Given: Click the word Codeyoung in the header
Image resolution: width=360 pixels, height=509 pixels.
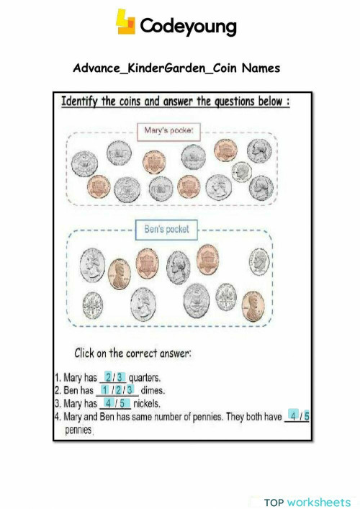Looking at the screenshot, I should [x=188, y=27].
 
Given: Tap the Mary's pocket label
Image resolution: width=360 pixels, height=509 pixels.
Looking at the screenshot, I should [x=168, y=130].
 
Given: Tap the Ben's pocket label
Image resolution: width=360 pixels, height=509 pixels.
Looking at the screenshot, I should [x=166, y=229].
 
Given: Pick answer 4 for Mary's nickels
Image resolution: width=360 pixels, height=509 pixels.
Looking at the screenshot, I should [x=107, y=403].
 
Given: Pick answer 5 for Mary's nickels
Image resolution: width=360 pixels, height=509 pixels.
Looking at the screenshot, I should [x=122, y=403].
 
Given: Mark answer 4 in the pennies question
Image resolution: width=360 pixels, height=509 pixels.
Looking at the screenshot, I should [x=292, y=415].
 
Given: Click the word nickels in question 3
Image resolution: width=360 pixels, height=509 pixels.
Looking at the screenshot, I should [x=146, y=404].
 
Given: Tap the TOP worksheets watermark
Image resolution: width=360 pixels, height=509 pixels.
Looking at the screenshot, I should [x=307, y=501].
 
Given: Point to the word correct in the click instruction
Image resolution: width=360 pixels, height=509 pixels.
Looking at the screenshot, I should [x=148, y=354].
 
